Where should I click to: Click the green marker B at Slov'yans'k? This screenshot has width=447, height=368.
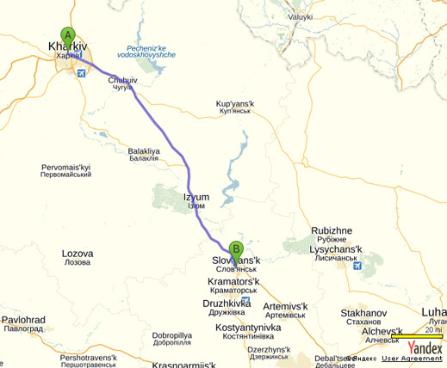[236, 250]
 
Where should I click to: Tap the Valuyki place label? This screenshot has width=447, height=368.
[301, 16]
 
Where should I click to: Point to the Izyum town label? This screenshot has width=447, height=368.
[196, 197]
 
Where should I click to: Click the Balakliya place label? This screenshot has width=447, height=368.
[144, 150]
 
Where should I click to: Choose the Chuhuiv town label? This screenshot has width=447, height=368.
[123, 80]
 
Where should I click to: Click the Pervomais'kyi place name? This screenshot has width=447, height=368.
[66, 166]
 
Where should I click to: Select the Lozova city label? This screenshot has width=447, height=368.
[78, 254]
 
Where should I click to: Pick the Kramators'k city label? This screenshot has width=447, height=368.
[233, 281]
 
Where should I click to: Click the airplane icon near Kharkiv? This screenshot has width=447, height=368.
[81, 74]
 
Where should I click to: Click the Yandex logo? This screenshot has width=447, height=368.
[425, 347]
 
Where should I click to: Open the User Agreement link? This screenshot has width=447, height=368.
[413, 359]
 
